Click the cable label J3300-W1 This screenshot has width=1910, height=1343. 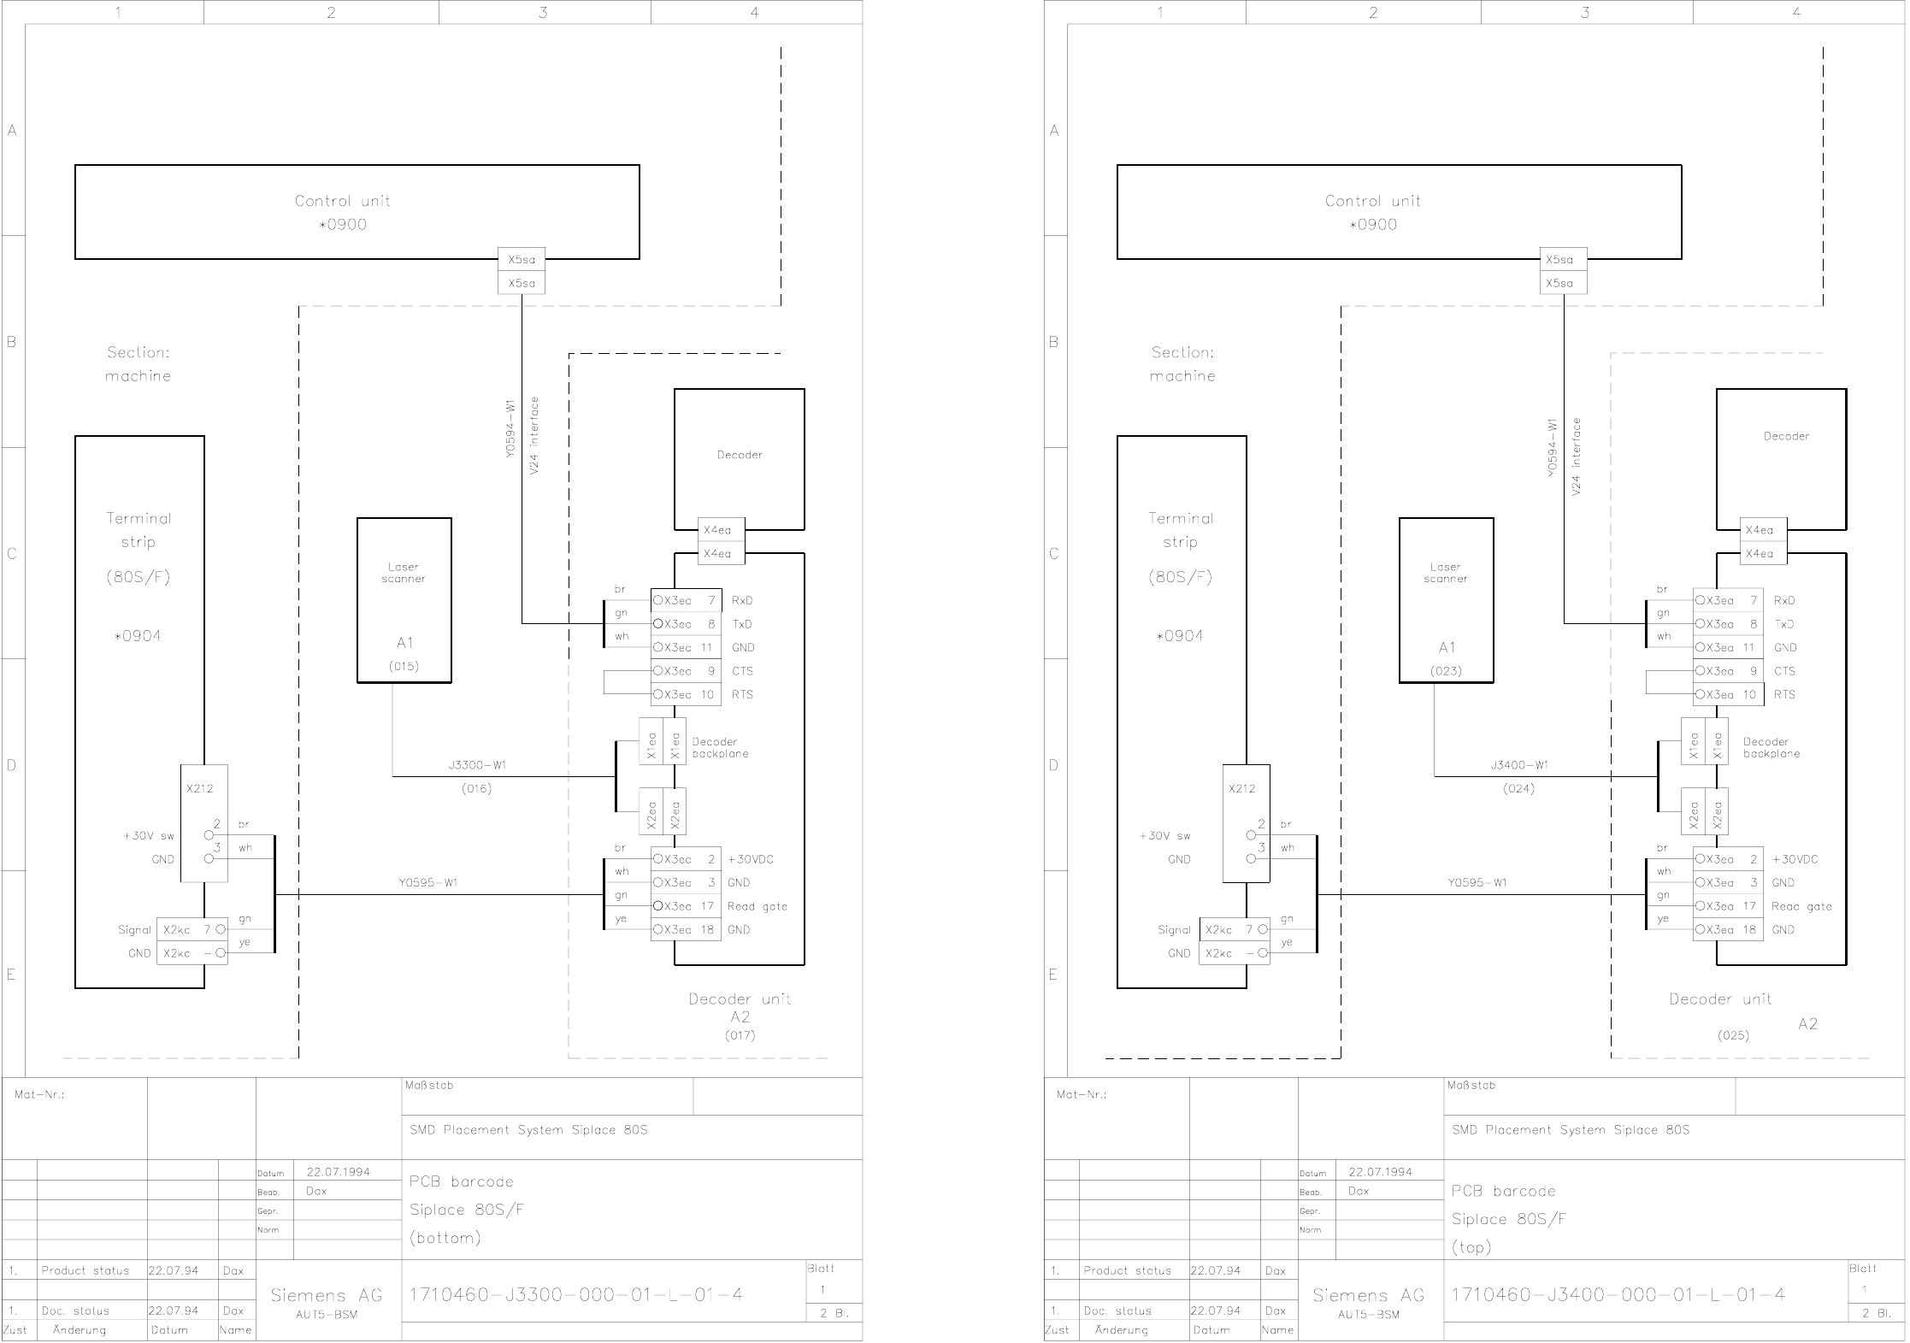click(477, 765)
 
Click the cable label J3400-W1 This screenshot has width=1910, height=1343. click(1519, 765)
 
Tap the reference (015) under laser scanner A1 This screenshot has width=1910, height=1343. click(404, 666)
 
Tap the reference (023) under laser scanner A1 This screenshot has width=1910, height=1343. click(1446, 671)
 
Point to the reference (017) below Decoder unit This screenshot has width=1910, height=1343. click(740, 1035)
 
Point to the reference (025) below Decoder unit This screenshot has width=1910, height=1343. click(1733, 1035)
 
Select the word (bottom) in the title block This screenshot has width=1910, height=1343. click(445, 1238)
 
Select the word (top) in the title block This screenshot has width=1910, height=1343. click(1471, 1247)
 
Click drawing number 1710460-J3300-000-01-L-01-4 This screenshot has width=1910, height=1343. click(576, 1295)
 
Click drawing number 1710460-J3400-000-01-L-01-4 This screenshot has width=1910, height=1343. click(1618, 1295)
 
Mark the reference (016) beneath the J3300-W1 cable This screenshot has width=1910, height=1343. click(477, 789)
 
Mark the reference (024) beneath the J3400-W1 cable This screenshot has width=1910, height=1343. click(1519, 789)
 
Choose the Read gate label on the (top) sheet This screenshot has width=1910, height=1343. click(1801, 906)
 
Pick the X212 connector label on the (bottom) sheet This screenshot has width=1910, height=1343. click(199, 789)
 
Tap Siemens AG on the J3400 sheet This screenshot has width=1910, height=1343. click(1369, 1296)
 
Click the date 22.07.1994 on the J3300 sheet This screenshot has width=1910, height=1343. click(339, 1172)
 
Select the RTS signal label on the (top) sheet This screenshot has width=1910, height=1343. click(1784, 695)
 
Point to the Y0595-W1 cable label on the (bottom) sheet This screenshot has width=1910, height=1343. click(428, 883)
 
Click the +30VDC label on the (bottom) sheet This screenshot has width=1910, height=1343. click(751, 859)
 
